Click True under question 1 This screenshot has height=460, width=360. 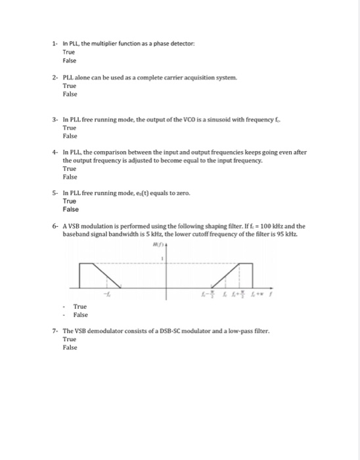pos(68,51)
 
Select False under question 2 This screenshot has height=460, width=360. pos(70,94)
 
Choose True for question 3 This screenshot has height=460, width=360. pos(68,128)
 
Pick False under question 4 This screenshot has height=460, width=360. pos(70,177)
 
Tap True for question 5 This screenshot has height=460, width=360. pos(69,201)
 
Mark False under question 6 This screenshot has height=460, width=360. pos(80,315)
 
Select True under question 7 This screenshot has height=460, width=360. pos(68,340)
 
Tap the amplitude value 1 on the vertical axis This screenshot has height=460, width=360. pos(162,258)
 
